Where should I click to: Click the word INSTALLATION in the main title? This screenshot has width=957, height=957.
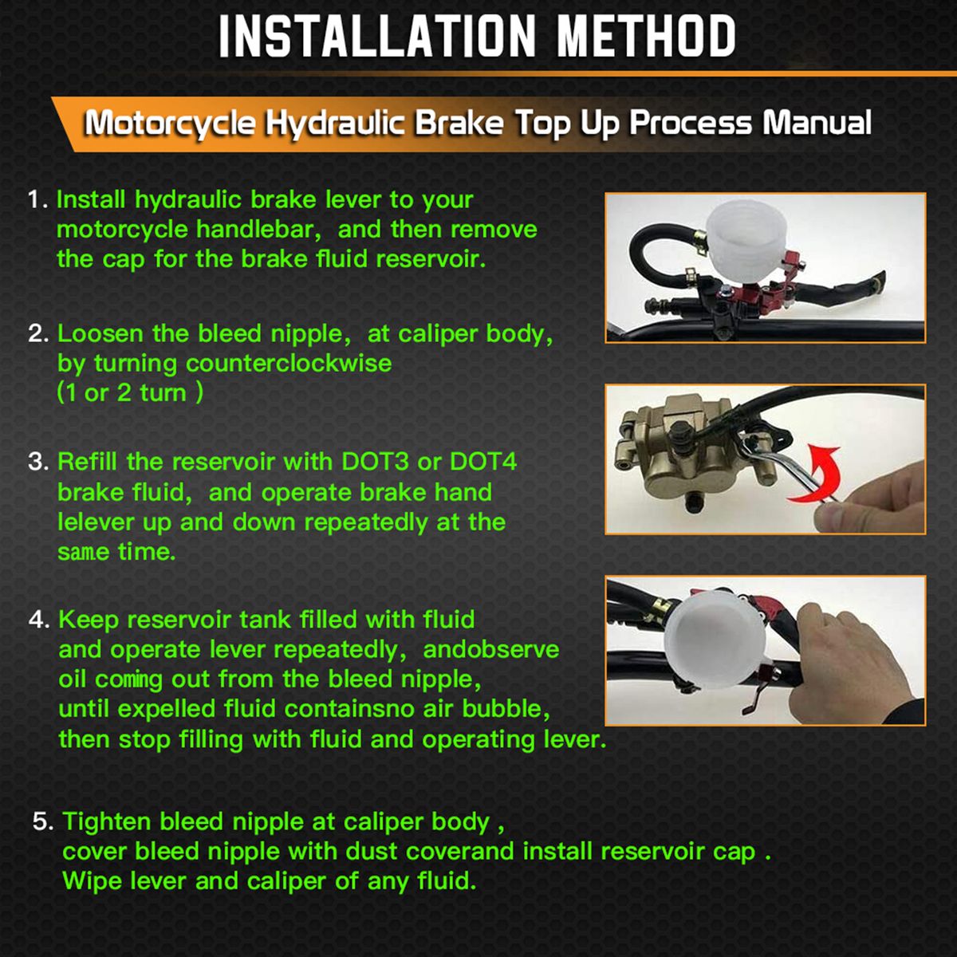coord(377,36)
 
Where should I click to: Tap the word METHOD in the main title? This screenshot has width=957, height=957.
coord(646,36)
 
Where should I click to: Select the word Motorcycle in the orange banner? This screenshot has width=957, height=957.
coord(170,123)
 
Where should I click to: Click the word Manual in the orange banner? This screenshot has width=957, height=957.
coord(817,122)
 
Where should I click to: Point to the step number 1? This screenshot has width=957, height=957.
coord(37,199)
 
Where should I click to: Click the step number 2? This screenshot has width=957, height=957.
coord(37,333)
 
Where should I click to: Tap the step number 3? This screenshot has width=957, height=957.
coord(37,462)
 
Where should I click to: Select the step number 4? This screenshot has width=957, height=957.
coord(39,620)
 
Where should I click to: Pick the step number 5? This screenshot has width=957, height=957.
coord(43,821)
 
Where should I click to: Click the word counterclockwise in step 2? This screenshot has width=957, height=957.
coord(289,363)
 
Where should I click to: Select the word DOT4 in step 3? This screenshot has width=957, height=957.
coord(482,462)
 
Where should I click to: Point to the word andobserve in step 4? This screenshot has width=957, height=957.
coord(490,650)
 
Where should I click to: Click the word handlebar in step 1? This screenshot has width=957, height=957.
coord(255,230)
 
